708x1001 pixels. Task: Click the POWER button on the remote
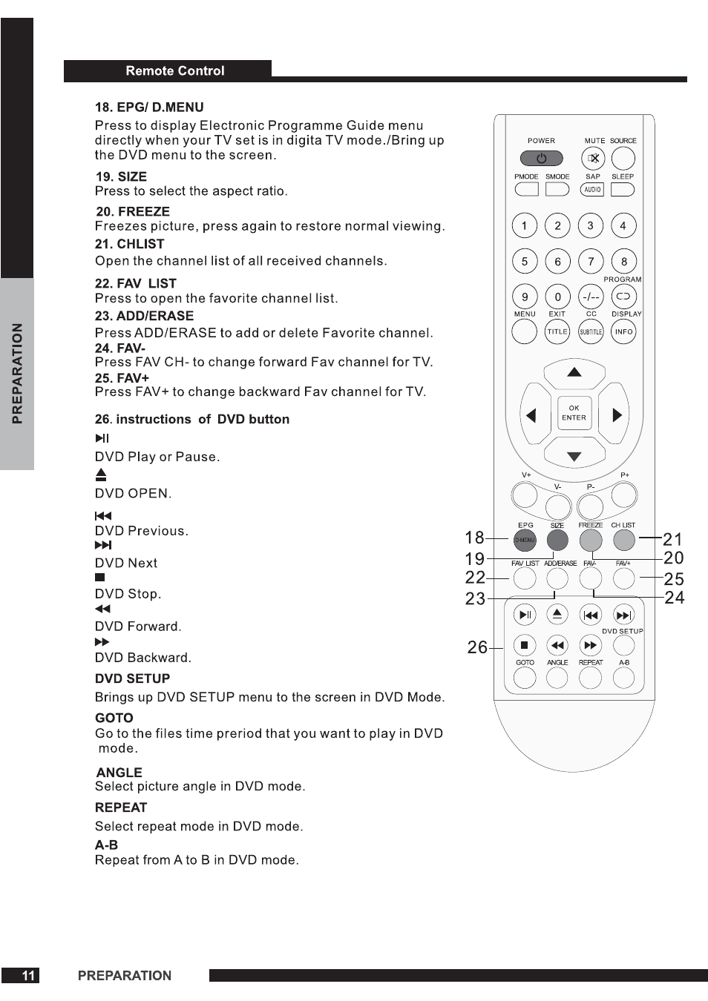tap(541, 158)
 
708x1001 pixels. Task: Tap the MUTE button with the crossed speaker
tap(593, 158)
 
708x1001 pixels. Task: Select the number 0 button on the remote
tap(557, 297)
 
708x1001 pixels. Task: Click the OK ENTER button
tap(574, 413)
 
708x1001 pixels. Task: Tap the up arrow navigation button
tap(574, 372)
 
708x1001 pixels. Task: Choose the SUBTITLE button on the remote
tap(591, 331)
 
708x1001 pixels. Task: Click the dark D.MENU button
tap(525, 540)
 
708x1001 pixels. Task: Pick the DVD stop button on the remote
tap(525, 645)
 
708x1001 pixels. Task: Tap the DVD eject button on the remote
tap(557, 614)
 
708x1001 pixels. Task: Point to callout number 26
tap(477, 647)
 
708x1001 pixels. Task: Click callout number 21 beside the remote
tap(672, 539)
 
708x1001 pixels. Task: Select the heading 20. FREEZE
tap(133, 211)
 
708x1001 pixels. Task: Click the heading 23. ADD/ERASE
tap(144, 316)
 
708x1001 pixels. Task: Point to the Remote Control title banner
tap(174, 71)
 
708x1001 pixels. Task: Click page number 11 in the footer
tap(28, 976)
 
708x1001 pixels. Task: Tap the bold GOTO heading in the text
tap(114, 718)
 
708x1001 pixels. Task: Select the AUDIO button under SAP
tap(592, 190)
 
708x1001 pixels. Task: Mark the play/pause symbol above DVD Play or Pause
tap(102, 438)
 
